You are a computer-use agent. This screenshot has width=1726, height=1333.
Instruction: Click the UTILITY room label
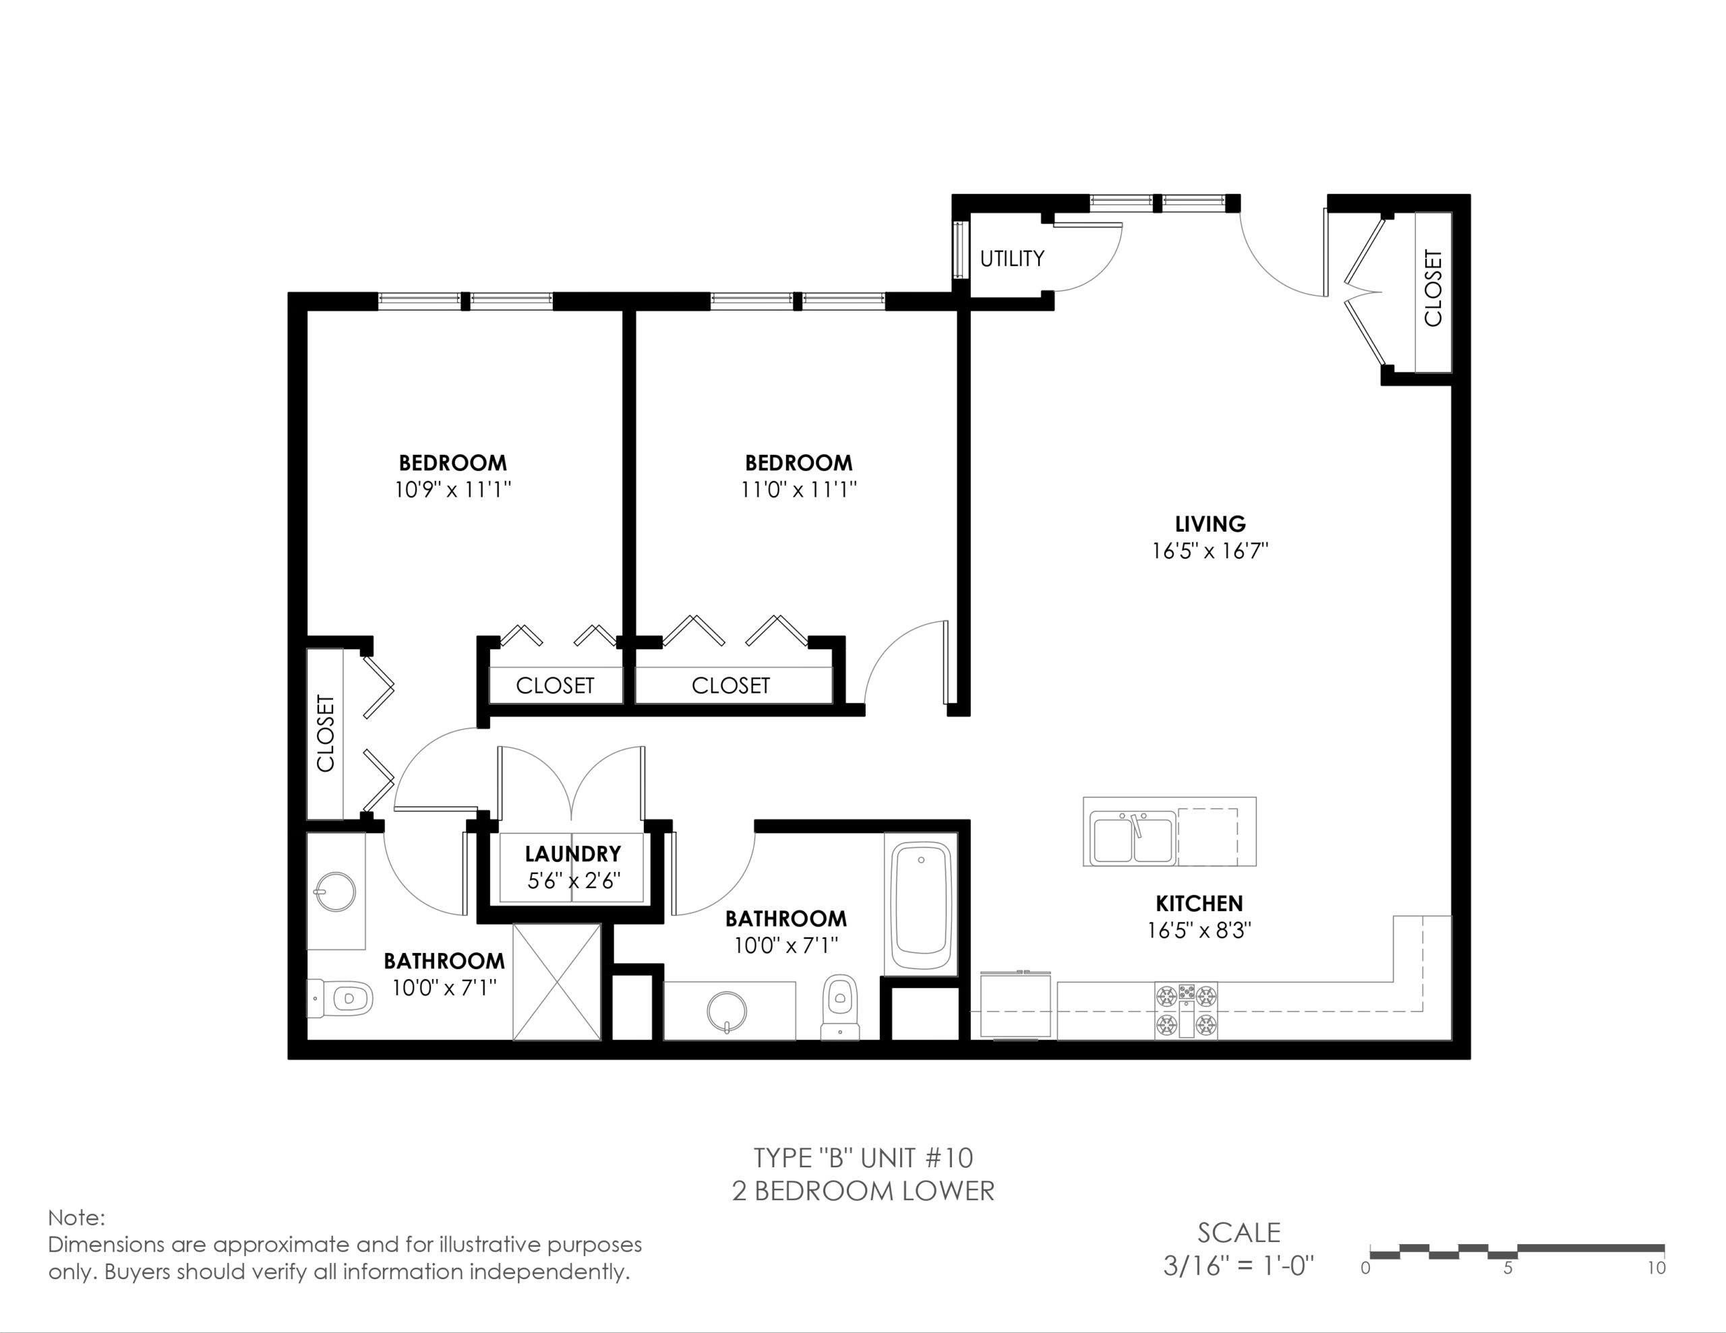coord(1011,258)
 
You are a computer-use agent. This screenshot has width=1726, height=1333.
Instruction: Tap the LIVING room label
coord(1210,524)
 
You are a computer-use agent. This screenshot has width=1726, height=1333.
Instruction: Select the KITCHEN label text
coord(1199,903)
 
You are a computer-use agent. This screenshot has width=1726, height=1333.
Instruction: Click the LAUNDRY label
coord(573,853)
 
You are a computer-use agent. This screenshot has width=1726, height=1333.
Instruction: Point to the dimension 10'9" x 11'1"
coord(453,490)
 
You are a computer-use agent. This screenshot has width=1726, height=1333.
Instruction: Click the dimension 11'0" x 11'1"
coord(798,490)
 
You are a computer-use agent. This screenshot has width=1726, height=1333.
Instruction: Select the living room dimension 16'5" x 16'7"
coord(1210,551)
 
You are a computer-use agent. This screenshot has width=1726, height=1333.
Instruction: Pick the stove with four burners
coord(1185,1011)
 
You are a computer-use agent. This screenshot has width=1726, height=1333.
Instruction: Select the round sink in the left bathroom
coord(335,892)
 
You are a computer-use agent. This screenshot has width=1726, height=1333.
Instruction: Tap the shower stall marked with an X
coord(557,982)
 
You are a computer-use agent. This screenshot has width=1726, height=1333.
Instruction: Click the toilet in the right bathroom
coord(840,1007)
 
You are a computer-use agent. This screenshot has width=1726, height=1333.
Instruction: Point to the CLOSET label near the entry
coord(1433,288)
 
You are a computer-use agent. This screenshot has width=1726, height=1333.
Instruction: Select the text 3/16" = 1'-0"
coord(1239,1266)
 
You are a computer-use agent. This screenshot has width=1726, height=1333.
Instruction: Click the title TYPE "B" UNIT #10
coord(863,1158)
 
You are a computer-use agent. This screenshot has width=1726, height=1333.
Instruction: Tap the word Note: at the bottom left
coord(76,1218)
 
